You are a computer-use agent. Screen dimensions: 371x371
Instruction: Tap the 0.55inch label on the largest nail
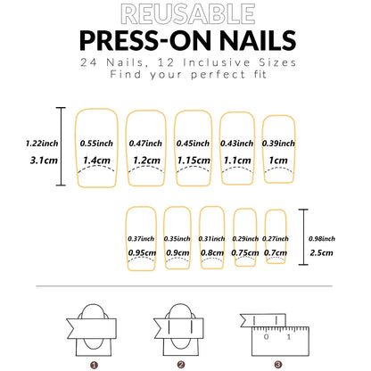[95, 142]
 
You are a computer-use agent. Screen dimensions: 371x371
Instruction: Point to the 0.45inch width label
[192, 142]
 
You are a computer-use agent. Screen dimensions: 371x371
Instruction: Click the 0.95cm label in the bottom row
[143, 252]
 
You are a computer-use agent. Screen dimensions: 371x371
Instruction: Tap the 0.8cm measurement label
[211, 252]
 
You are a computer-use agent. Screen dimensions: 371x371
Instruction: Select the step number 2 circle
[180, 364]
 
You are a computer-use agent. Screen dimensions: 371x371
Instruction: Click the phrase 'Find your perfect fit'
[185, 77]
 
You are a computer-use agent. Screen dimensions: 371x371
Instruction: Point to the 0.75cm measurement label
[243, 252]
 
